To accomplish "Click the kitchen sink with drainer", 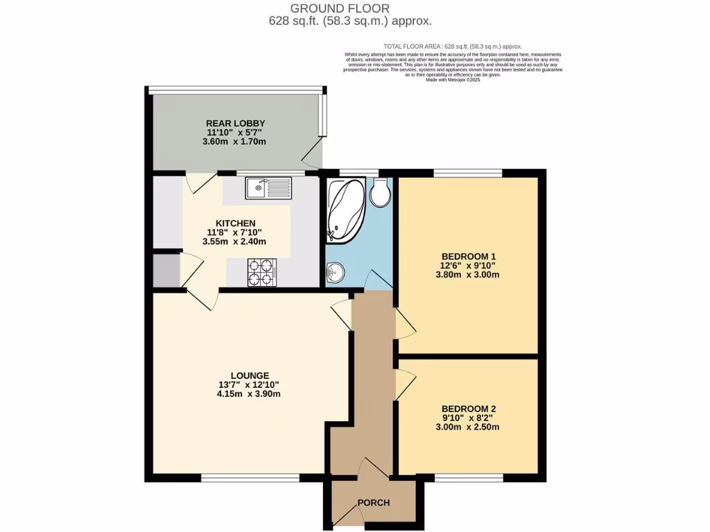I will pyautogui.click(x=268, y=187).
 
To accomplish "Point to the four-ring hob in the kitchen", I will pyautogui.click(x=262, y=272).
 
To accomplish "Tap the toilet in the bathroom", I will pyautogui.click(x=380, y=193).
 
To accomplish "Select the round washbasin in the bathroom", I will pyautogui.click(x=336, y=272).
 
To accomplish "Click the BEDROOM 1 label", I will pyautogui.click(x=468, y=256).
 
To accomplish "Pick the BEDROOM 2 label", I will pyautogui.click(x=468, y=408).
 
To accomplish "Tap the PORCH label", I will pyautogui.click(x=373, y=502).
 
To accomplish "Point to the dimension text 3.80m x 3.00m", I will pyautogui.click(x=468, y=274).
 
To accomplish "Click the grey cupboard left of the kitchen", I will pyautogui.click(x=166, y=271).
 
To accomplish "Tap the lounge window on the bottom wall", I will pyautogui.click(x=250, y=477).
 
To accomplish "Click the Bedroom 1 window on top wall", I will pyautogui.click(x=468, y=172).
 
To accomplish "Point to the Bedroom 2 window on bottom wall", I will pyautogui.click(x=468, y=477).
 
